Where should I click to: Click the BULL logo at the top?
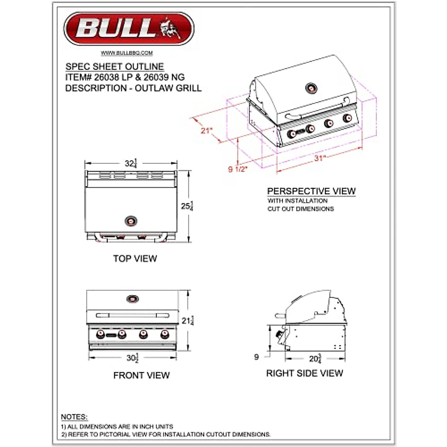[129, 29]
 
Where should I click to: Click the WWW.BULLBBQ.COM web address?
[127, 53]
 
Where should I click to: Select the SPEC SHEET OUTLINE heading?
[115, 67]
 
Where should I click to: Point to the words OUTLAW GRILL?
[168, 88]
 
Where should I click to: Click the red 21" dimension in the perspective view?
[206, 131]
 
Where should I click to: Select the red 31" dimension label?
[320, 158]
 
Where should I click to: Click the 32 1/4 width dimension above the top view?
[131, 163]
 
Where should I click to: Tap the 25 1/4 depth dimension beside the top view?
[187, 206]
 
